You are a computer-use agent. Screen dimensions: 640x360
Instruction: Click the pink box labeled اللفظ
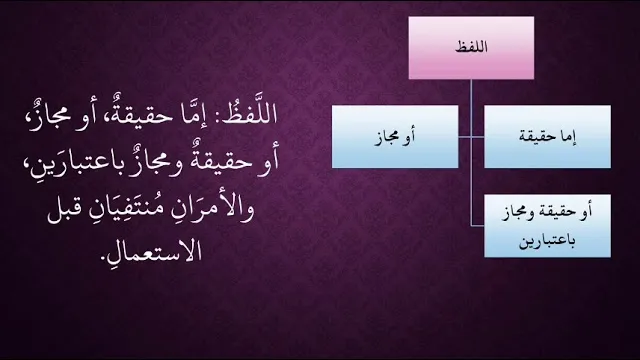(471, 48)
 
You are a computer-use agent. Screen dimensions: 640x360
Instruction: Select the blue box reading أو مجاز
(395, 137)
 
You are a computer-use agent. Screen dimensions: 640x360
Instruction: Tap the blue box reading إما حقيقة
(547, 137)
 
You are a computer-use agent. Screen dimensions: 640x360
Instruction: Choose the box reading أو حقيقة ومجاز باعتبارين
(547, 226)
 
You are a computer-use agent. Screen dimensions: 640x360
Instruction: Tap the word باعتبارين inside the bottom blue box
(547, 241)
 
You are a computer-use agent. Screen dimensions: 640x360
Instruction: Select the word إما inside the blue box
(568, 136)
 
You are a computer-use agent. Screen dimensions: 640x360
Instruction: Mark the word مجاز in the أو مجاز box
(387, 137)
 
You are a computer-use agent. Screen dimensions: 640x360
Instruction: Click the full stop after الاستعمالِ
(103, 259)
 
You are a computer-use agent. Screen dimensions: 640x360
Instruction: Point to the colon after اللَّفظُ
(216, 117)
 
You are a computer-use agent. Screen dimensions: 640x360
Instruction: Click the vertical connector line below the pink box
(471, 152)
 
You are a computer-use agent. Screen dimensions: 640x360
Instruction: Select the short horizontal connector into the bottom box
(478, 225)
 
